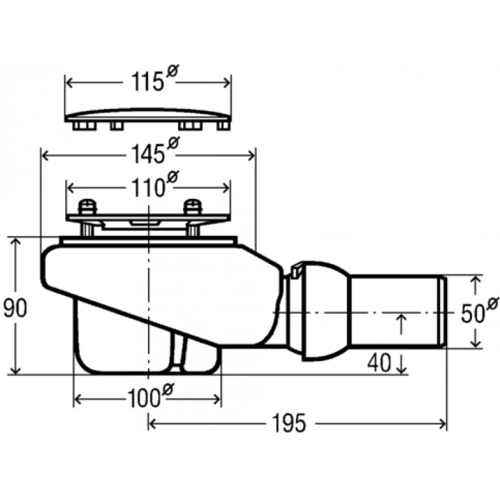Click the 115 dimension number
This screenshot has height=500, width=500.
[x=147, y=81]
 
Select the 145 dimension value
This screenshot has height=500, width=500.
[x=148, y=154]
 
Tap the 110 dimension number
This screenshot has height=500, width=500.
[x=148, y=188]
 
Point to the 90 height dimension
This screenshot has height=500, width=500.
[x=15, y=308]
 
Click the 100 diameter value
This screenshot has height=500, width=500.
[x=143, y=398]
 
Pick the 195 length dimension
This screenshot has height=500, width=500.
[x=289, y=423]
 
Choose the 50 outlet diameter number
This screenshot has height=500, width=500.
[x=473, y=314]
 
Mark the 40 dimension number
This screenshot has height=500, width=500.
[x=379, y=362]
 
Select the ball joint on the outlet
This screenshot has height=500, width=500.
[x=325, y=311]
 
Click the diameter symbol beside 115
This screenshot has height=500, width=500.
[x=173, y=70]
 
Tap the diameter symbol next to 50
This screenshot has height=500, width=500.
[x=493, y=303]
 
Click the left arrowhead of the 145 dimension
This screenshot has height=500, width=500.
[x=45, y=156]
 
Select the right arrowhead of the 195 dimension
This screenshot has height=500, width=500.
[x=443, y=424]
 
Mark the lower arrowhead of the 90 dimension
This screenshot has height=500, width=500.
[x=15, y=370]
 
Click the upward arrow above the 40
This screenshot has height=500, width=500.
[x=402, y=324]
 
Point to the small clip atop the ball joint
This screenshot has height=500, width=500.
[x=296, y=269]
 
